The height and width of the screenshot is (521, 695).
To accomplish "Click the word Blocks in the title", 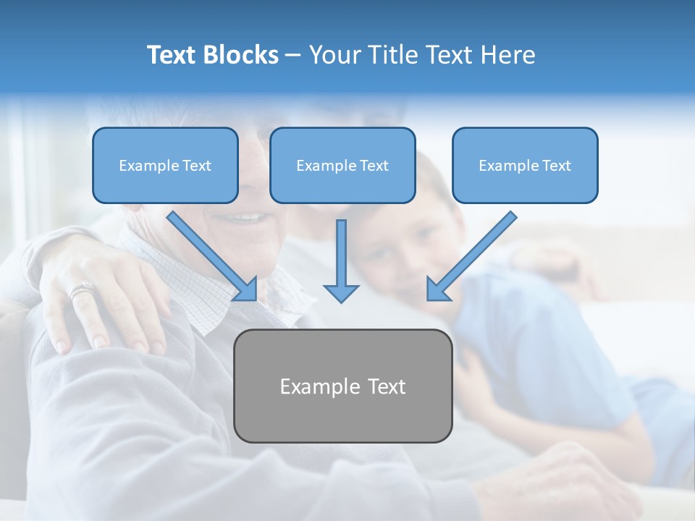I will tap(241, 55).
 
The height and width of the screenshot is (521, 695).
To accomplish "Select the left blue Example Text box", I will tap(165, 165).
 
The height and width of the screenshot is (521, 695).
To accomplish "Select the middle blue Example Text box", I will tap(342, 165).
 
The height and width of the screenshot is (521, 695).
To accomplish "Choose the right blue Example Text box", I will tap(525, 165).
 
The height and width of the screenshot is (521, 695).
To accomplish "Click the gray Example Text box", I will tap(342, 386).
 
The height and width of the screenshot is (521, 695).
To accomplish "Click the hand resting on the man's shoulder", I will tap(101, 297).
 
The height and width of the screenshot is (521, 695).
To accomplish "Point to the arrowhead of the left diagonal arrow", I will tap(246, 289).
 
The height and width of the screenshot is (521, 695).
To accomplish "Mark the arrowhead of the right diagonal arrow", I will tap(437, 289).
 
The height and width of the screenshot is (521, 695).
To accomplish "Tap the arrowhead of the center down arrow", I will tap(341, 292).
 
